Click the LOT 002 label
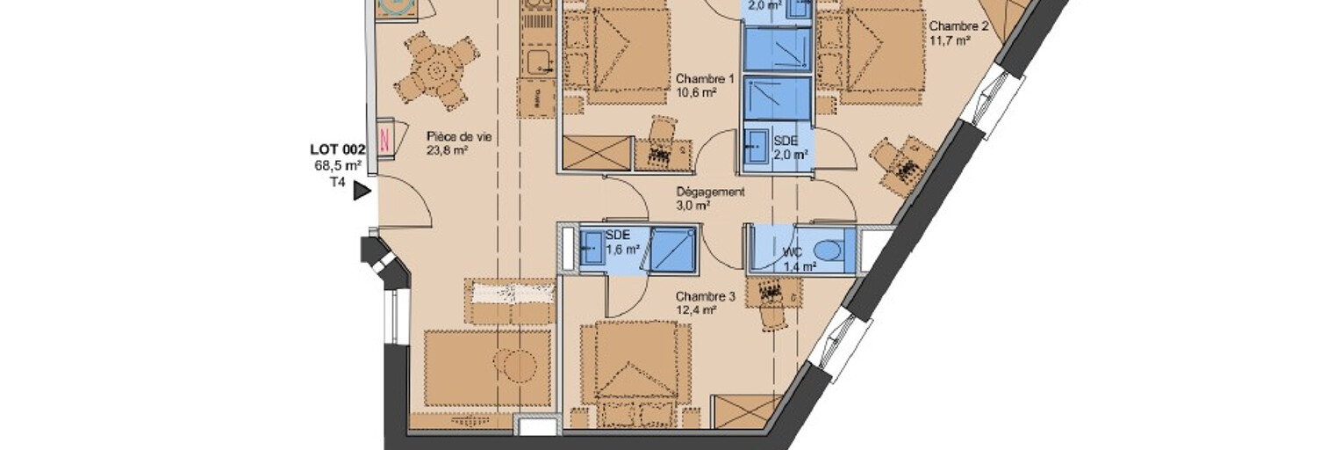coord(338,149)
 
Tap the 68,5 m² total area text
coord(338,166)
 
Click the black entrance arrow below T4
coord(362,191)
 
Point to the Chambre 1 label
coord(705,78)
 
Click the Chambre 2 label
coord(958,26)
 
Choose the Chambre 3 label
coord(706,297)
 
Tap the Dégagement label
coord(710,192)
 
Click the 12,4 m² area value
coord(696,310)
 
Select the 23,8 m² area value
coord(448,150)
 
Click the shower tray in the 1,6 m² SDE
coord(673,250)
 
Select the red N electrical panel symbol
coord(385,140)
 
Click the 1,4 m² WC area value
coord(800,266)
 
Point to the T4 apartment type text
coord(337,182)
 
